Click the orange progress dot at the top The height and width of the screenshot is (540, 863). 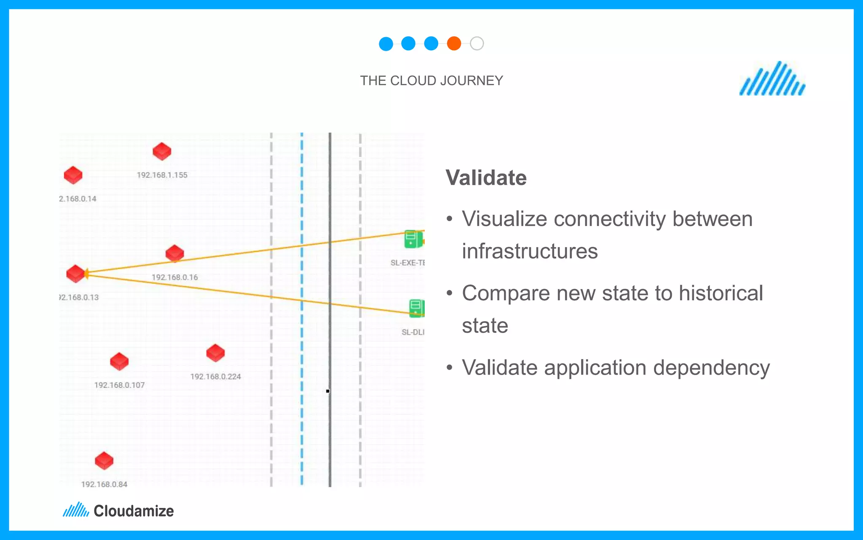point(454,43)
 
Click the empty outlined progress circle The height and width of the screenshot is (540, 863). point(477,43)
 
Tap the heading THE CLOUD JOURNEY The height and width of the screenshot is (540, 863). point(431,81)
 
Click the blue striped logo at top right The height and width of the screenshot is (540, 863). point(772,79)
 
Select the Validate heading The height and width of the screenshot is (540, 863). point(486,178)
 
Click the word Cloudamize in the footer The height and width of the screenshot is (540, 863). point(134,511)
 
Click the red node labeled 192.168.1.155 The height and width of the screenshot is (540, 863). point(162,151)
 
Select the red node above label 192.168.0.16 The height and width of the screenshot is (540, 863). point(174,253)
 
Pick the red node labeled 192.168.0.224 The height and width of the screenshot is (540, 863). point(215,353)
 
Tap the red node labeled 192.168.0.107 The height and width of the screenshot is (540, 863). point(119,362)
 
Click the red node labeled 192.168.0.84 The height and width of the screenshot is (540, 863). point(104,461)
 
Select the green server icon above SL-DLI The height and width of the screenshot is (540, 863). point(416,308)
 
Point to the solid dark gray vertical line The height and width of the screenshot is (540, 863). point(330,443)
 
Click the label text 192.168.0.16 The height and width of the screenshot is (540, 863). point(174,277)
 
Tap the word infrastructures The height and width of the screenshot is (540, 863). point(530,251)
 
